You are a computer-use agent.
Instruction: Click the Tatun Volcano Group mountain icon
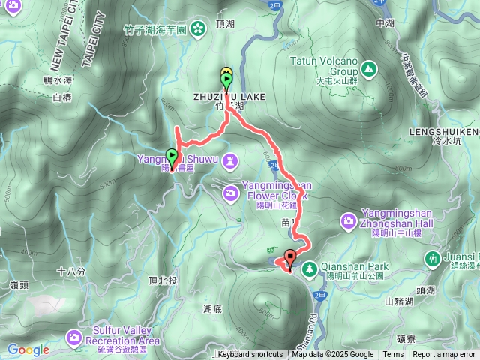coord(369,69)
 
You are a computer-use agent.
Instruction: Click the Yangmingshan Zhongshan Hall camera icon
coord(348,220)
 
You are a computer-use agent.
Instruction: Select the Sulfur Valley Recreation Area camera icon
coord(74,337)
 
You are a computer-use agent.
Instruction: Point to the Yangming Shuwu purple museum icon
coord(230,160)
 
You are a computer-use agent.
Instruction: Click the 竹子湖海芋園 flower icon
coord(197,30)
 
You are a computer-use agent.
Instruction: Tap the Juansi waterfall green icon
coord(432,259)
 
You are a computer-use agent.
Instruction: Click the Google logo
coord(28,349)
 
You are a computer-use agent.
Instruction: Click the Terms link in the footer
coord(393,355)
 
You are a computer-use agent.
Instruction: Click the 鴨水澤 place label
coord(57,79)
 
